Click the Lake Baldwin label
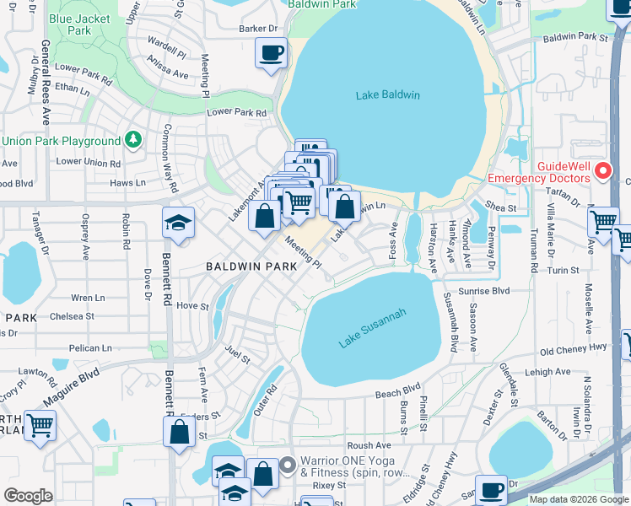(387, 94)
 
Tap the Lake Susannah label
(373, 328)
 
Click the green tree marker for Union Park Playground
(132, 140)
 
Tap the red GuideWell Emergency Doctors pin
(602, 171)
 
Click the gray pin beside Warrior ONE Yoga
(288, 464)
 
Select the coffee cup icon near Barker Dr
(271, 54)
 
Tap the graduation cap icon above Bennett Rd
(179, 223)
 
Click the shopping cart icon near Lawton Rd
(40, 425)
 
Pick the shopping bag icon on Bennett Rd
(180, 433)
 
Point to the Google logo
(28, 496)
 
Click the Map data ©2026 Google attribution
(578, 499)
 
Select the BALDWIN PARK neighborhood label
(251, 266)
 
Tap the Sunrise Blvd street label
(477, 290)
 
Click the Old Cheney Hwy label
(573, 350)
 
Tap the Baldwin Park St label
(575, 37)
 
